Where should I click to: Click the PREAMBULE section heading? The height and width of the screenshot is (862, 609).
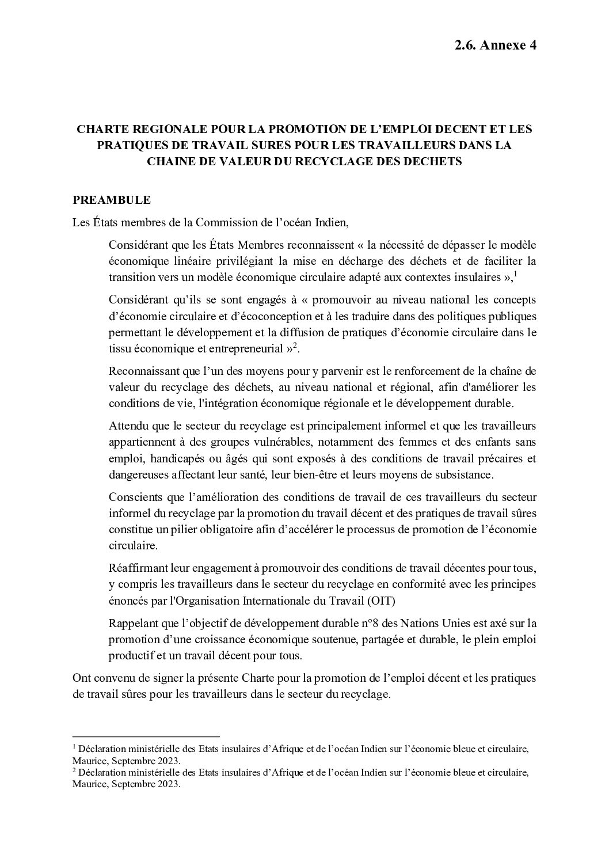pos(112,200)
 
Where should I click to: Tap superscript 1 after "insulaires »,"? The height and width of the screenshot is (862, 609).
pos(515,274)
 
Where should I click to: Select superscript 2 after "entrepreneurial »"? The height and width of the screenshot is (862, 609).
pos(295,345)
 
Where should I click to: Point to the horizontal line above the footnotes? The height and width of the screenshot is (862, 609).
pos(146,736)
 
